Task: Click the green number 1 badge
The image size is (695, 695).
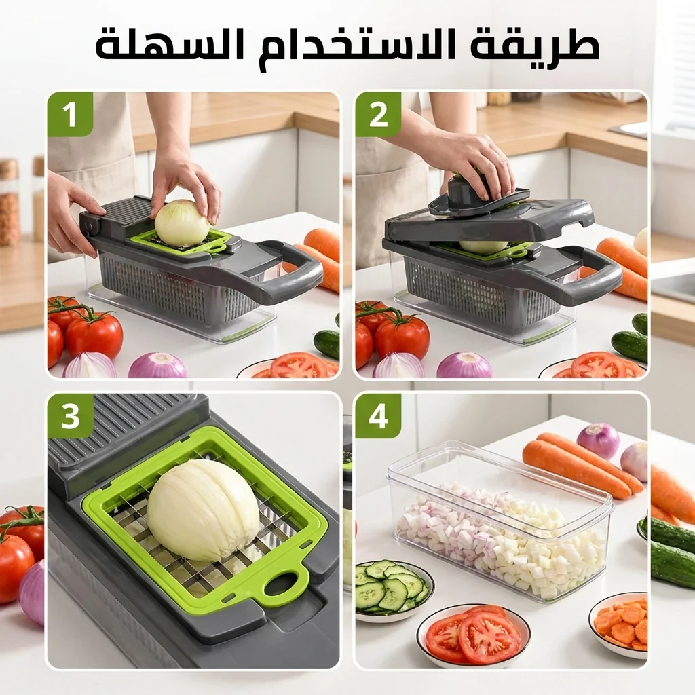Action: (x=71, y=114)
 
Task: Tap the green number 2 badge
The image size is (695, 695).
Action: (x=378, y=114)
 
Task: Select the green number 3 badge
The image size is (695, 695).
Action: (x=71, y=416)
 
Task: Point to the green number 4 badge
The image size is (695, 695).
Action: (x=378, y=416)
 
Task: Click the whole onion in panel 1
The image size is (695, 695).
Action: (x=182, y=222)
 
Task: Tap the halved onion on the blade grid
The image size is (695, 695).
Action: (x=204, y=510)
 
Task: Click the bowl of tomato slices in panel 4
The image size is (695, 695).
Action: (x=473, y=632)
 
